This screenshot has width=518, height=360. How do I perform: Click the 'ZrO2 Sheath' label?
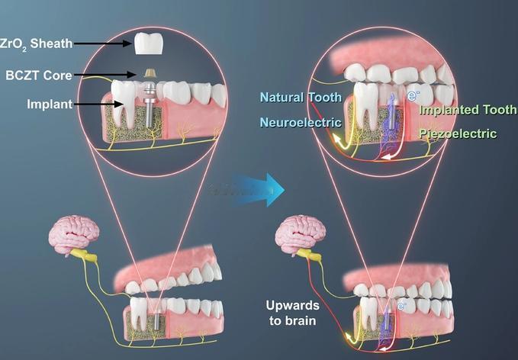36,43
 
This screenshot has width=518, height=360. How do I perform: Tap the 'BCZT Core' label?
39,76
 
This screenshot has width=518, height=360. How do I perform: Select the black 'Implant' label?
50,104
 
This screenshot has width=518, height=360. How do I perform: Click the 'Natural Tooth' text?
301,97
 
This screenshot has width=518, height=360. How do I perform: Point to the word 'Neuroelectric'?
301,122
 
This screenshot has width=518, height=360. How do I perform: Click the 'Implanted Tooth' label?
468,109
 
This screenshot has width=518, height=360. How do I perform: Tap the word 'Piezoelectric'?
458,133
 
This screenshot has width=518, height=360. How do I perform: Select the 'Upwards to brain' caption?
292,313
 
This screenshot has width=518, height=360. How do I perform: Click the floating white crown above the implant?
149,43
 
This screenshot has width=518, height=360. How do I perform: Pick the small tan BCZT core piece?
150,73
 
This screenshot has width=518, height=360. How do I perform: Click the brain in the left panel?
73,234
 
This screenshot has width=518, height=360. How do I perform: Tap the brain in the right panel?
300,234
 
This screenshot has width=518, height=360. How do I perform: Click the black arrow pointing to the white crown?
102,43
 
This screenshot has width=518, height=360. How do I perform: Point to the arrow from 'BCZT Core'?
105,75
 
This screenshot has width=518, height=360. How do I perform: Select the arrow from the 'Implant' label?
98,104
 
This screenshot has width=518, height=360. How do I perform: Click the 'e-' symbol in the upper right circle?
413,96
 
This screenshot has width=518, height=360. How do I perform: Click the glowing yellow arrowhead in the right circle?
336,138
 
